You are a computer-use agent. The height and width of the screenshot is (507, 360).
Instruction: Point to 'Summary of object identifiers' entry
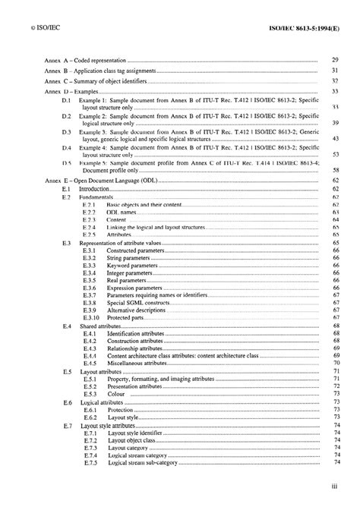coord(112,80)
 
